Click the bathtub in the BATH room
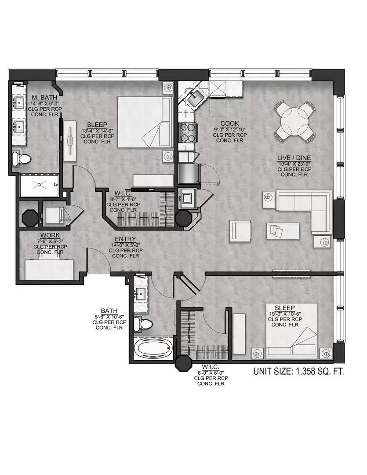pyautogui.click(x=153, y=349)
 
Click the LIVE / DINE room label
pyautogui.click(x=294, y=158)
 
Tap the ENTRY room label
pyautogui.click(x=125, y=239)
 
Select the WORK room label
pyautogui.click(x=50, y=235)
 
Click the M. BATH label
pyautogui.click(x=44, y=98)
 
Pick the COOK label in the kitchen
pyautogui.click(x=229, y=123)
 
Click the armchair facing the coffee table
pyautogui.click(x=240, y=230)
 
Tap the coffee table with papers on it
pyautogui.click(x=283, y=231)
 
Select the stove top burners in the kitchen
pyautogui.click(x=187, y=133)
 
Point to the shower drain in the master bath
pyautogui.click(x=39, y=184)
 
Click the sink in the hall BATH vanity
pyautogui.click(x=141, y=294)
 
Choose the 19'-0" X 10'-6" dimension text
pyautogui.click(x=285, y=314)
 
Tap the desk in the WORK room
pyautogui.click(x=50, y=269)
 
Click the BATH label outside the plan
pyautogui.click(x=109, y=311)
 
